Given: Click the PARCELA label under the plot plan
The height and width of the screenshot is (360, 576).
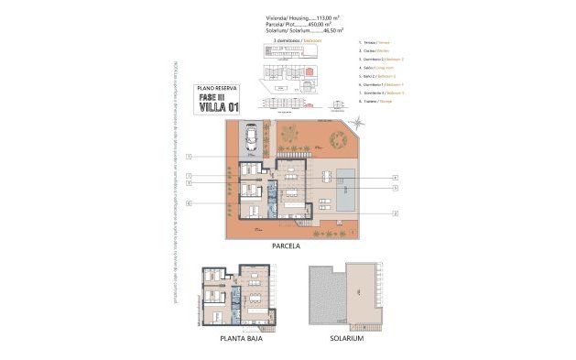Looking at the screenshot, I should coord(287,246).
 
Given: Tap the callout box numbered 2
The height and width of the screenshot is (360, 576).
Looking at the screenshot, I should coord(395,212).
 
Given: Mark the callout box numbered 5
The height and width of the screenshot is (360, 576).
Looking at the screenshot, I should coord(395,188).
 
